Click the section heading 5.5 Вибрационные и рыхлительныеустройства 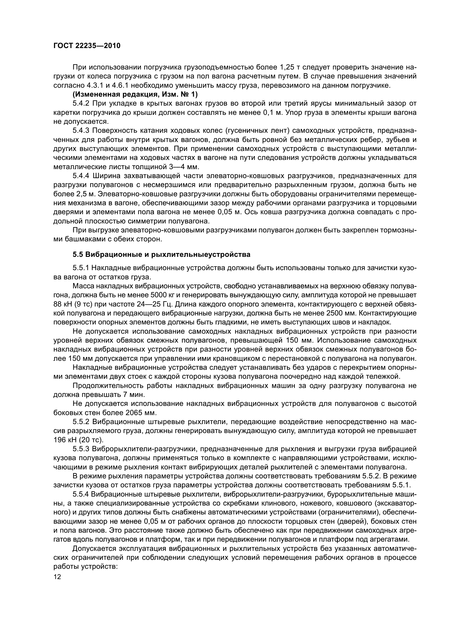[161, 255]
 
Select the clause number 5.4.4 [81, 176]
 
